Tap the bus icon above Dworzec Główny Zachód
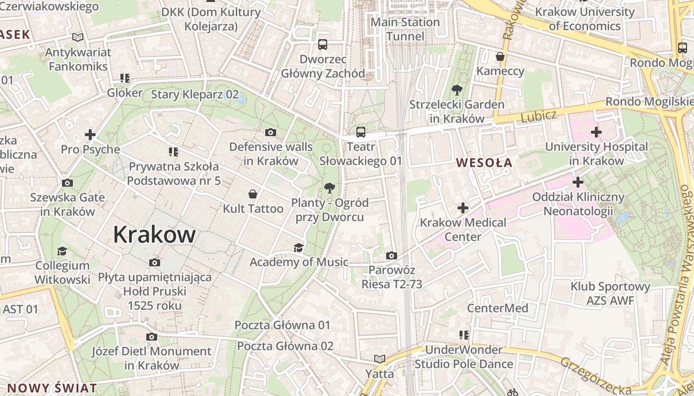click(323, 45)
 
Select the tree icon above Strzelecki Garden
click(457, 90)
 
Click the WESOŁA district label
click(484, 162)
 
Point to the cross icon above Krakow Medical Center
click(463, 208)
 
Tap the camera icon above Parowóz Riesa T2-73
click(392, 255)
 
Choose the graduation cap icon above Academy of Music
click(298, 247)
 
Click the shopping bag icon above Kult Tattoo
click(253, 194)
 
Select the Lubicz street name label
click(539, 116)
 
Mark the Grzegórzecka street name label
click(595, 376)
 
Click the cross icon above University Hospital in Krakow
click(596, 132)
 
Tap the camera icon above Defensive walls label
click(271, 132)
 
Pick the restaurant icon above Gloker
click(125, 78)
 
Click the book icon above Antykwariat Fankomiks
click(78, 37)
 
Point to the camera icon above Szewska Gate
click(67, 183)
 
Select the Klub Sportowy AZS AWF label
click(610, 293)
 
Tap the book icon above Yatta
click(380, 359)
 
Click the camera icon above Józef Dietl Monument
click(152, 337)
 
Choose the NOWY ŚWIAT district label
click(52, 388)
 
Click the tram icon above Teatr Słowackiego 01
click(360, 132)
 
